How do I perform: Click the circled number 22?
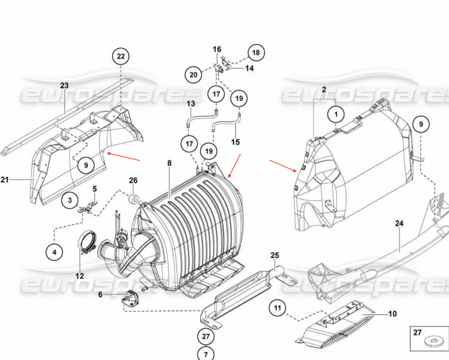click(121, 57)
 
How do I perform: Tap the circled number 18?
click(256, 53)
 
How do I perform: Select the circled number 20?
click(193, 75)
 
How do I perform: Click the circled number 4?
click(54, 252)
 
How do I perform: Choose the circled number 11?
click(277, 308)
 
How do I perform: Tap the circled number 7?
click(206, 353)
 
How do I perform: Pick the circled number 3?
click(70, 200)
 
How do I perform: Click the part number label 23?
click(64, 86)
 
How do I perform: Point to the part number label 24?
click(399, 224)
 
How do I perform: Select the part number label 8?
click(169, 163)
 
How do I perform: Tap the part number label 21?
click(4, 180)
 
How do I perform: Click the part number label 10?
click(392, 314)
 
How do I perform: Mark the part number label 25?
click(275, 256)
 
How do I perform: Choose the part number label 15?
click(235, 142)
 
